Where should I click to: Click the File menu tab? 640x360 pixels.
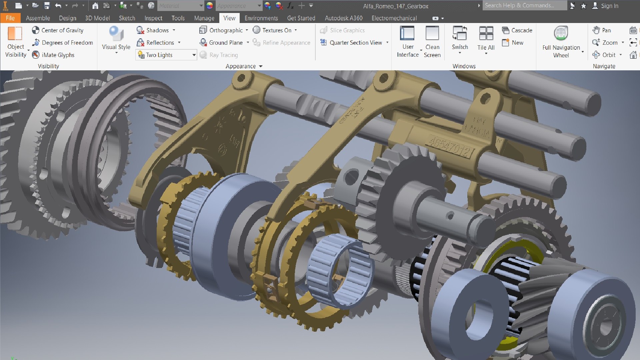(x=10, y=18)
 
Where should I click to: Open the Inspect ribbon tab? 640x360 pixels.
(x=153, y=18)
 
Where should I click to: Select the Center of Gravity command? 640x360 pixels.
(x=58, y=30)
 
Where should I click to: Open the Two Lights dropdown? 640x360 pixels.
(x=193, y=55)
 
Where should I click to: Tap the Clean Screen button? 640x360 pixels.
(x=432, y=42)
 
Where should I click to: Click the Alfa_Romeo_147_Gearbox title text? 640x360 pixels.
(x=396, y=6)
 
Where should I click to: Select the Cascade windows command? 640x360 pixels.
(x=517, y=30)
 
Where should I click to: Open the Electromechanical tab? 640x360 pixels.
(x=394, y=18)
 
